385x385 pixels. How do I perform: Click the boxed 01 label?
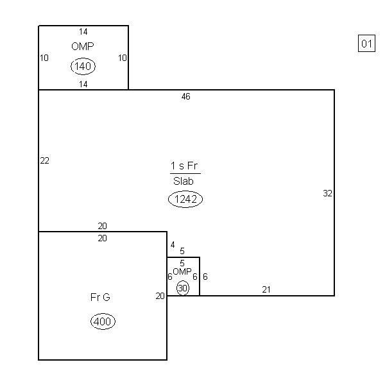(366, 44)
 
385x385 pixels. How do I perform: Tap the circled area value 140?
(83, 66)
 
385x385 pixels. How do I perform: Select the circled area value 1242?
(185, 199)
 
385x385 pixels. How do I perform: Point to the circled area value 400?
(103, 321)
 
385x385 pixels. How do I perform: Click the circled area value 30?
(183, 288)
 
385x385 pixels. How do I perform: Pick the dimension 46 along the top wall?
(186, 96)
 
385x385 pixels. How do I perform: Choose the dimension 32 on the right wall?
(327, 194)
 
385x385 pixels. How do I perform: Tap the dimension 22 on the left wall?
(44, 160)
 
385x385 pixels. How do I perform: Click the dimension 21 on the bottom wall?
(266, 290)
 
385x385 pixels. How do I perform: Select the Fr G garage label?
(100, 297)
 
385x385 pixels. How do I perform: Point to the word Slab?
(184, 181)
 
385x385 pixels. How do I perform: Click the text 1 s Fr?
(184, 166)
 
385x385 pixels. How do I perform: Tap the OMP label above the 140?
(83, 46)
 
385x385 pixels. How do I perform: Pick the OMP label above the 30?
(182, 271)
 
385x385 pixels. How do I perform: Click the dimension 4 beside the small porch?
(173, 245)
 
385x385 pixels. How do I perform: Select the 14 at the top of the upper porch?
(83, 31)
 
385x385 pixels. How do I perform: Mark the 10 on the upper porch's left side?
(44, 58)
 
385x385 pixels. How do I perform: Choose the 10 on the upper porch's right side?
(123, 58)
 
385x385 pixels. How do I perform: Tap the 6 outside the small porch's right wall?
(205, 277)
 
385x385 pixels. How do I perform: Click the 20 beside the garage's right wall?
(160, 296)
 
